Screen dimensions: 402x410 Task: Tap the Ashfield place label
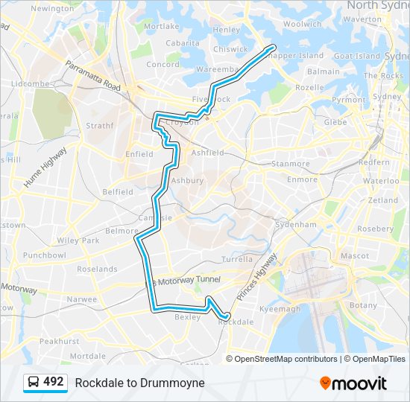207,153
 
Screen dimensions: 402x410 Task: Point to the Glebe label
335,122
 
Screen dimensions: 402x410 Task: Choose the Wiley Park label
78,240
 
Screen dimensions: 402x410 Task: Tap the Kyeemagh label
280,309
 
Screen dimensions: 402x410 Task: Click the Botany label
363,305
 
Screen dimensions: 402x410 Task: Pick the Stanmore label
291,164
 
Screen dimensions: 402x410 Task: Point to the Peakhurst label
59,340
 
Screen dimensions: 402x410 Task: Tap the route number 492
54,382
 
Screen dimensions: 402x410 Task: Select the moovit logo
353,383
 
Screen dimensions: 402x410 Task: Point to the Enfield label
139,154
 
